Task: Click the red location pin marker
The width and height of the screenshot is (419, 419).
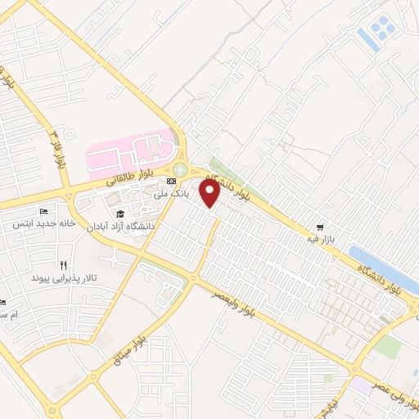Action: (x=210, y=192)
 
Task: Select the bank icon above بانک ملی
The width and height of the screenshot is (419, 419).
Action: (x=171, y=181)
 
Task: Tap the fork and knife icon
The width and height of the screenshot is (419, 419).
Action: (x=63, y=265)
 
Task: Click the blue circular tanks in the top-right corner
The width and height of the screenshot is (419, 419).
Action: (x=382, y=30)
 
